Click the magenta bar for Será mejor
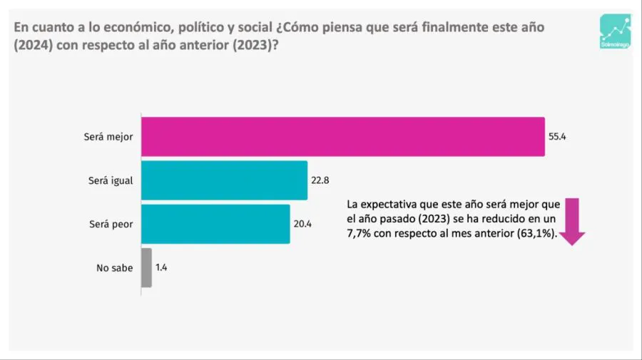click(x=342, y=136)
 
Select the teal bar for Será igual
click(x=224, y=180)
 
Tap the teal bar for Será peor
click(x=215, y=224)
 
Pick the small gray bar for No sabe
click(x=146, y=267)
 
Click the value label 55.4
click(x=557, y=136)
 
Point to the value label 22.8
click(x=320, y=180)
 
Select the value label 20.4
click(x=302, y=224)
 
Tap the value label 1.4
click(x=161, y=268)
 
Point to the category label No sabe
click(x=114, y=268)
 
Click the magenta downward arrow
click(x=572, y=222)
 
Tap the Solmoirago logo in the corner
click(x=615, y=32)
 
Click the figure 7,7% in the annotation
click(x=360, y=235)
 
